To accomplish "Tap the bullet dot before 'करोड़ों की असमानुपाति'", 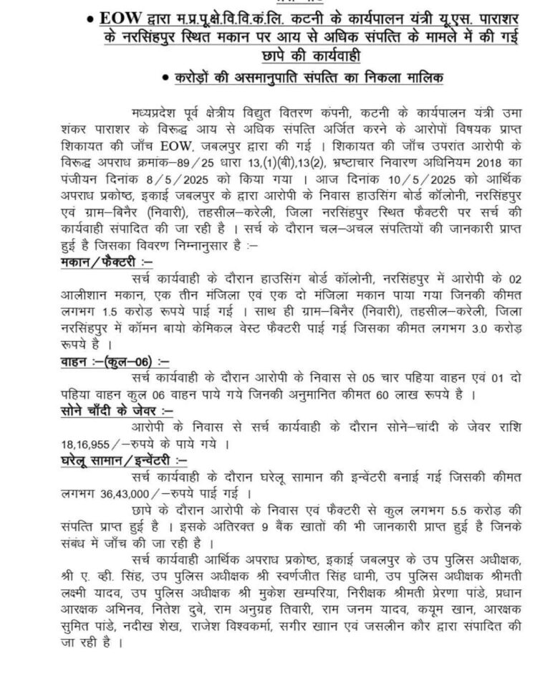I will [x=166, y=77].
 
